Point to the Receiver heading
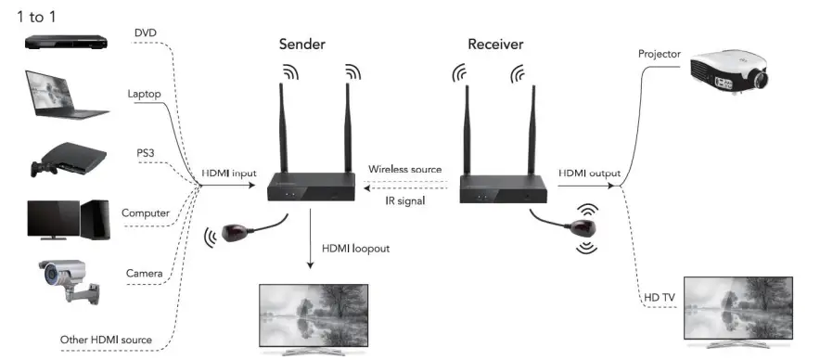click(495, 45)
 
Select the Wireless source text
click(404, 170)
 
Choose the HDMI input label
click(229, 174)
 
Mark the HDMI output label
click(589, 174)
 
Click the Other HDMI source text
click(106, 339)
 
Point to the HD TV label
click(660, 297)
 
